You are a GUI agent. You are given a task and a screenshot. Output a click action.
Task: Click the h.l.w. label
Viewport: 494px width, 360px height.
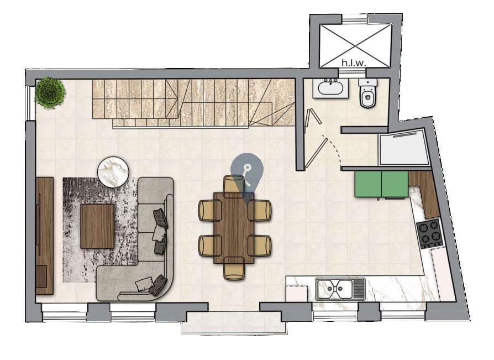click(x=354, y=62)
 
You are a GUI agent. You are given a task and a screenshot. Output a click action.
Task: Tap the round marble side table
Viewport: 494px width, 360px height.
click(x=113, y=172)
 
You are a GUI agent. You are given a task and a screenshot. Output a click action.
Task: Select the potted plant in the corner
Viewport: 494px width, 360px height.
click(x=50, y=92)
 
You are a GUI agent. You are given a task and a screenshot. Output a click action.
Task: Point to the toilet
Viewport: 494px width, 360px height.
click(x=367, y=93)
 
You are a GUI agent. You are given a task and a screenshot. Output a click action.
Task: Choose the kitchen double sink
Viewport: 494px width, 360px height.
click(x=340, y=289)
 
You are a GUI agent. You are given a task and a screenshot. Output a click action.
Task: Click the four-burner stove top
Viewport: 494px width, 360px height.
click(x=430, y=233)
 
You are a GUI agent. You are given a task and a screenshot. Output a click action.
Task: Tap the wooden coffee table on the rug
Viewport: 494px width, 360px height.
click(x=97, y=226)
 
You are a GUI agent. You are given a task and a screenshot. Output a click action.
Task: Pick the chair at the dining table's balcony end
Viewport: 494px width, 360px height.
click(x=234, y=268)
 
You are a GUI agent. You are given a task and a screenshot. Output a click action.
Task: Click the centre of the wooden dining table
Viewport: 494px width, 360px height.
click(x=234, y=228)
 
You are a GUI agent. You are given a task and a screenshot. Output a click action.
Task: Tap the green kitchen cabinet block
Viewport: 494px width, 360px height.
click(x=381, y=184)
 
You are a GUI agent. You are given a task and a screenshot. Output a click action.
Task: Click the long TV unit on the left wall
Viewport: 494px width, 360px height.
click(x=44, y=236)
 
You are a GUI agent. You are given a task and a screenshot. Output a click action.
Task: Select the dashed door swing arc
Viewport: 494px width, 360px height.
click(x=335, y=148)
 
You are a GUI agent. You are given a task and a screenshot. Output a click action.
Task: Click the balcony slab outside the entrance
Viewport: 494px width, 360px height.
click(x=234, y=323)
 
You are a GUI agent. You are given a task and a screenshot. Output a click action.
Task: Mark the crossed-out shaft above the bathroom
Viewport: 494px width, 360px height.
click(x=355, y=46)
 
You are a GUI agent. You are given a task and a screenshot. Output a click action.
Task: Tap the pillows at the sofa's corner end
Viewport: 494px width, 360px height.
click(x=151, y=284)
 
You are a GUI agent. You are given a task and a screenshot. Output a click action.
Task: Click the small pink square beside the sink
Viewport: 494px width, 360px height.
click(x=297, y=294)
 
